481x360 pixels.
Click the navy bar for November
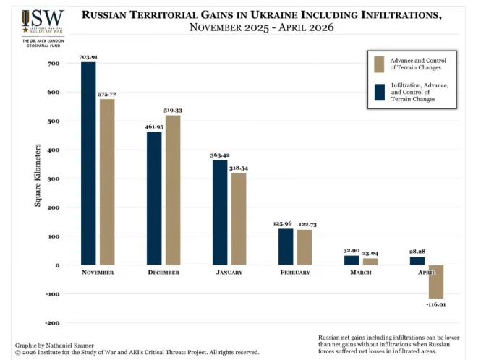click(x=88, y=163)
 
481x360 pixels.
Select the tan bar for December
click(x=173, y=190)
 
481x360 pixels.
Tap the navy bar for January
click(x=220, y=213)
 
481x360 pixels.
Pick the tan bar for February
click(x=305, y=247)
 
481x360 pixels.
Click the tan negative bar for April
click(x=436, y=282)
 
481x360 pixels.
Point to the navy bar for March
click(x=352, y=260)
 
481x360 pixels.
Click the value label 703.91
click(x=88, y=57)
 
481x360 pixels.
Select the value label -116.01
click(x=436, y=304)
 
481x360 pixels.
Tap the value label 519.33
click(x=173, y=111)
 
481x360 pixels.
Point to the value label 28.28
click(x=417, y=252)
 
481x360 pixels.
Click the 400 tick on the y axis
click(x=54, y=150)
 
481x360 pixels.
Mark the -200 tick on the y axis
click(x=53, y=323)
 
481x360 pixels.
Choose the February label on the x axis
click(x=295, y=273)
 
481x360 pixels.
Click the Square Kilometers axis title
click(x=38, y=176)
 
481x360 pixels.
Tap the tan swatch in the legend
click(x=379, y=64)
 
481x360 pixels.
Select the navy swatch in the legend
click(x=380, y=93)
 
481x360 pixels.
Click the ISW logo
click(x=43, y=22)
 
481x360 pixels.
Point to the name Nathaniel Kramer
click(x=70, y=346)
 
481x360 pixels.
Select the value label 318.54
click(x=239, y=168)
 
